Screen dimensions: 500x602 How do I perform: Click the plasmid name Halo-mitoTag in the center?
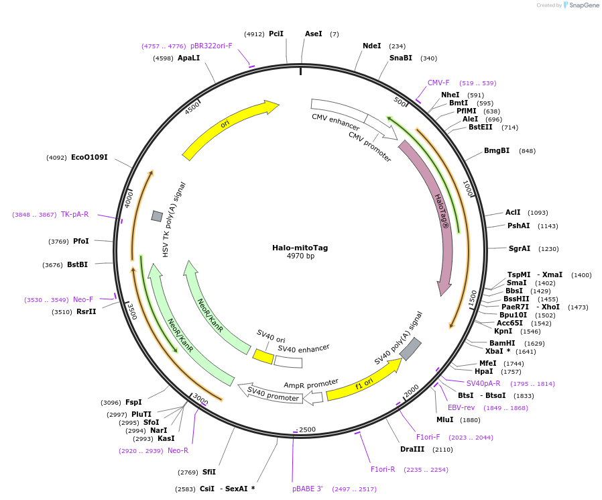click(300, 248)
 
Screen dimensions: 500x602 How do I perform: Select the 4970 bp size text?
click(300, 256)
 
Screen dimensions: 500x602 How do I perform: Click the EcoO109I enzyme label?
click(89, 157)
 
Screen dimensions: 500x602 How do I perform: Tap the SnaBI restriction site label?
click(401, 58)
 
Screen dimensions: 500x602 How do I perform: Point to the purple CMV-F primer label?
click(438, 83)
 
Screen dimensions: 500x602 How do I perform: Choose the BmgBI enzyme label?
click(497, 150)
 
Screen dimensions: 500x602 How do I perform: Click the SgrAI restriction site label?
click(520, 248)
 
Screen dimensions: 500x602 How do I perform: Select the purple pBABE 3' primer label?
click(307, 489)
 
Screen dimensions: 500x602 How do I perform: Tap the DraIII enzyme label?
click(412, 449)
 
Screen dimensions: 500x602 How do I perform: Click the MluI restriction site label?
click(444, 419)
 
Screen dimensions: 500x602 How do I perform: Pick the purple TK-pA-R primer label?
click(74, 214)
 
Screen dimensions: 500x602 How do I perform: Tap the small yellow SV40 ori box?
click(263, 356)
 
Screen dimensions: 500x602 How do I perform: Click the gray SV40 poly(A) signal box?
click(410, 348)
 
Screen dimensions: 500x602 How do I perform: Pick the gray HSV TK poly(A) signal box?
click(157, 215)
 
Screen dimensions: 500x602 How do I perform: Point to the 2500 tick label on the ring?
click(306, 430)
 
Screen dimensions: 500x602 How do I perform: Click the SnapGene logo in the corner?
click(581, 5)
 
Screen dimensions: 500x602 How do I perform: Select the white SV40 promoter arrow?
click(268, 393)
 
